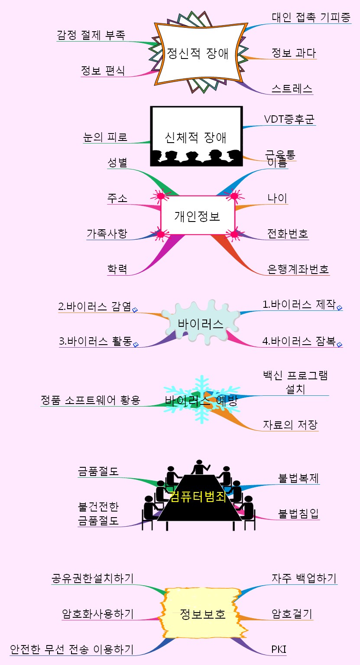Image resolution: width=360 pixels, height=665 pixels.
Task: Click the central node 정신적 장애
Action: coord(198,53)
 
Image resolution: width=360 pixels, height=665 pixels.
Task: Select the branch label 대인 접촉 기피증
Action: coord(311,17)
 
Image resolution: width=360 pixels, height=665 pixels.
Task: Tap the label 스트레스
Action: coord(292,88)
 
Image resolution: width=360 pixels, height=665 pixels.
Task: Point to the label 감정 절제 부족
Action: coord(91,35)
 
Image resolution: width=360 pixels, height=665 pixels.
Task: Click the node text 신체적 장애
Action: coord(195,137)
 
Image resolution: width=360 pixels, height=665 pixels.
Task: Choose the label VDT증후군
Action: coord(289,119)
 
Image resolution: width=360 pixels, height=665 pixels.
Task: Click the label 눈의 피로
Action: coord(105,137)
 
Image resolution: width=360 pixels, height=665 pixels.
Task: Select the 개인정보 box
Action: coord(198,215)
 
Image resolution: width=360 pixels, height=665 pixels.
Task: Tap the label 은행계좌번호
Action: coord(298,269)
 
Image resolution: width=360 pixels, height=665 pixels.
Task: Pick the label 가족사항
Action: coord(107,234)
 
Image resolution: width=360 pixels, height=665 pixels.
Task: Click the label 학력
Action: coord(117,269)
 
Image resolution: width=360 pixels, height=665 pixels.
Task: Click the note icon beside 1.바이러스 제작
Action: coord(340,308)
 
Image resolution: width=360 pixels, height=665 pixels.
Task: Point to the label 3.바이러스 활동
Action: coord(96,341)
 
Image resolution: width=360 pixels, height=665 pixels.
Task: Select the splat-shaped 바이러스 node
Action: coord(201,323)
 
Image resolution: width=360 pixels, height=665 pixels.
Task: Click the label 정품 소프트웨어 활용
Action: coord(91,400)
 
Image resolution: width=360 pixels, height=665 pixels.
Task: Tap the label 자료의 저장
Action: coord(290,424)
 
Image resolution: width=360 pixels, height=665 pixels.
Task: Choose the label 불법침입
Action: coord(298,514)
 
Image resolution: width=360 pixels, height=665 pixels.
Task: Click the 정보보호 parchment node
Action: coord(203,613)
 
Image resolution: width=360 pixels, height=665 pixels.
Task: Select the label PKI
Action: coord(279,649)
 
